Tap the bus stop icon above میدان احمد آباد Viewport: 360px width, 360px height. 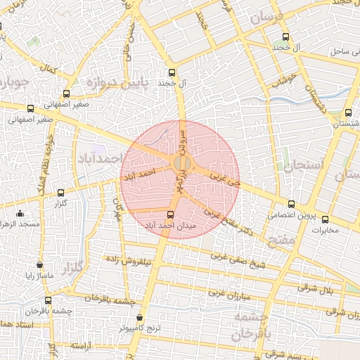[x=169, y=214]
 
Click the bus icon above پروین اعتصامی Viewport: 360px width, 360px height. [x=291, y=204]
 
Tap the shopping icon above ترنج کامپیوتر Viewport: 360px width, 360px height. [x=140, y=317]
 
